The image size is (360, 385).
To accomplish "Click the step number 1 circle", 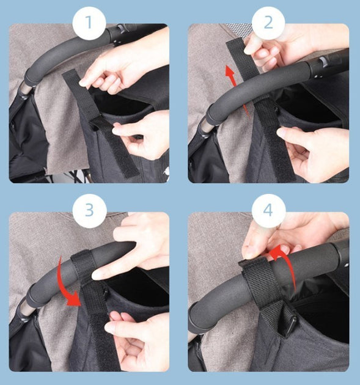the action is click(x=89, y=23).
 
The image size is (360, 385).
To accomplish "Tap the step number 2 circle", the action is click(x=268, y=23).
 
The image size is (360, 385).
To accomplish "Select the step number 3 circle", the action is click(x=89, y=210).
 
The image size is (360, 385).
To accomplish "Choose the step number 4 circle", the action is click(x=268, y=210).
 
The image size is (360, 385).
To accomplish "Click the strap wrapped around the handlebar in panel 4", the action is click(x=258, y=277).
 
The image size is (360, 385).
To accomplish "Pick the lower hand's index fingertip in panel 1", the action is click(x=116, y=131).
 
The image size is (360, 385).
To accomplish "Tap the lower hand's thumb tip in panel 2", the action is click(x=281, y=133).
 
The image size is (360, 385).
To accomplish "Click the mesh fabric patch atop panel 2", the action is click(x=240, y=29).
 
